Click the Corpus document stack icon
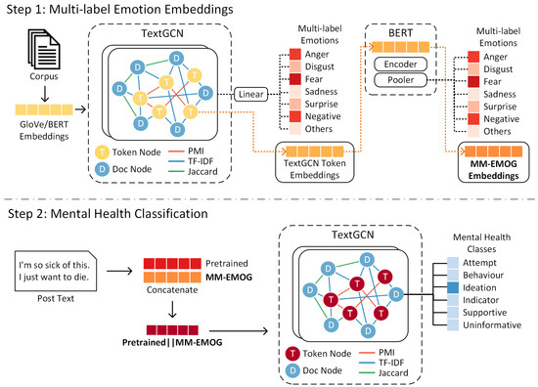click(x=44, y=48)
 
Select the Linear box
click(x=250, y=94)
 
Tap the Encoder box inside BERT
click(x=400, y=64)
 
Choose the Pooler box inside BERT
click(x=400, y=80)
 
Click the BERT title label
click(x=400, y=33)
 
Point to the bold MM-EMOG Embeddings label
click(x=493, y=170)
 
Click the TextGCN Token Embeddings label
click(x=315, y=169)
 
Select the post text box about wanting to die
click(x=56, y=271)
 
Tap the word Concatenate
click(x=172, y=289)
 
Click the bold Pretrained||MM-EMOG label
click(x=172, y=342)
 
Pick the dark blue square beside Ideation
click(x=453, y=287)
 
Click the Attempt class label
click(x=479, y=263)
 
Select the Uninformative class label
click(x=492, y=325)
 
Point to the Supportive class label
click(x=485, y=313)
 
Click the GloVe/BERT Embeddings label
click(x=44, y=130)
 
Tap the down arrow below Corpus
click(x=45, y=94)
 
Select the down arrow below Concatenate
click(x=172, y=309)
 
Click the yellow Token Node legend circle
click(x=102, y=152)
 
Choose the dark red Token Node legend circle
click(x=292, y=354)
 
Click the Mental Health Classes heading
click(x=481, y=243)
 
